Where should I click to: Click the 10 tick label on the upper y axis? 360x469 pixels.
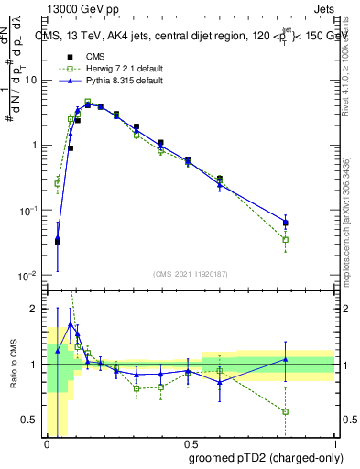32,80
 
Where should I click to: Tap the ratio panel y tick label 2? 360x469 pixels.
34,309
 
